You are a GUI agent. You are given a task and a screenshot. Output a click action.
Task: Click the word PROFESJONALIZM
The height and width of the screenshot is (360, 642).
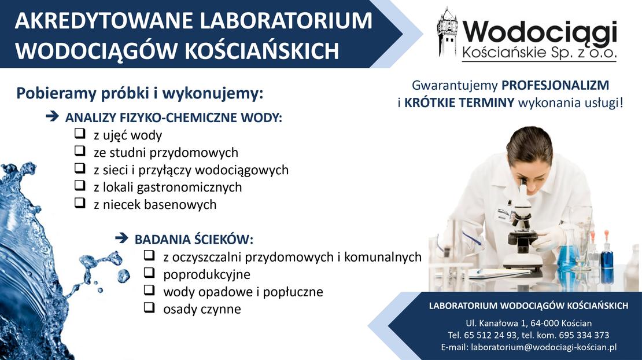[x=555, y=85]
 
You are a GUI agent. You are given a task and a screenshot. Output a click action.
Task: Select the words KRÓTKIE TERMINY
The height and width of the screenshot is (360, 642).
[x=459, y=102]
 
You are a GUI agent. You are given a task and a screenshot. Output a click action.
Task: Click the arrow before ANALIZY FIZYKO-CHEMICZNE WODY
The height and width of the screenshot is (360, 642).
[x=53, y=116]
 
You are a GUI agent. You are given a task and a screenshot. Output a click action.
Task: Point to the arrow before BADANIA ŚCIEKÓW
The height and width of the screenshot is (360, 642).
[x=122, y=238]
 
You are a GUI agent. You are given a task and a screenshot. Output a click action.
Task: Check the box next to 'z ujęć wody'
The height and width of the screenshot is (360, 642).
[x=80, y=134]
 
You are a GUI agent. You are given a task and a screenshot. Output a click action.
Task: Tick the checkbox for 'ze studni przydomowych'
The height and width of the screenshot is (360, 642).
[x=80, y=150]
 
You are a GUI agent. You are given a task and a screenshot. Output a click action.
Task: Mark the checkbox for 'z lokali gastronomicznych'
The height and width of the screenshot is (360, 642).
[x=80, y=186]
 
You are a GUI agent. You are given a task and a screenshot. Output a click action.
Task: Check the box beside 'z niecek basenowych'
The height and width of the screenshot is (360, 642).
[x=80, y=203]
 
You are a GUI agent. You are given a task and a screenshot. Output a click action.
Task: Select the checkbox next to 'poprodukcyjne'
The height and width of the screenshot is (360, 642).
[x=149, y=273]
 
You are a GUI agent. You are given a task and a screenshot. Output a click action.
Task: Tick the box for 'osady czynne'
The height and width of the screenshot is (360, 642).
[x=149, y=307]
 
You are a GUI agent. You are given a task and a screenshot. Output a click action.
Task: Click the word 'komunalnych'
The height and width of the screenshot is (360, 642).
[x=383, y=257]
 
